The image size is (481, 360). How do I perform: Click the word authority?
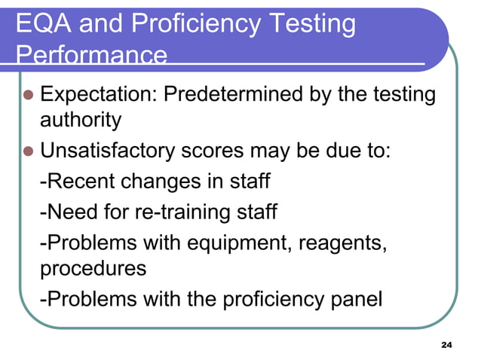click(x=80, y=120)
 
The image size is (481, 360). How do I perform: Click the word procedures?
click(x=93, y=268)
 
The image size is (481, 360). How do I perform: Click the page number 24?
click(x=445, y=345)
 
